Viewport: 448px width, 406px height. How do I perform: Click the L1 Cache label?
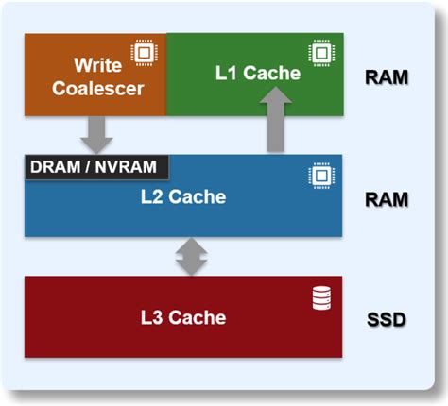point(258,73)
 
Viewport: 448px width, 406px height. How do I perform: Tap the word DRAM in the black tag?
point(56,167)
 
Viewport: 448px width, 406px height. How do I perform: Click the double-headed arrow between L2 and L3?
point(191,256)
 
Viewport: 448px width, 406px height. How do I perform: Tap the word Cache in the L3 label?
point(200,317)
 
